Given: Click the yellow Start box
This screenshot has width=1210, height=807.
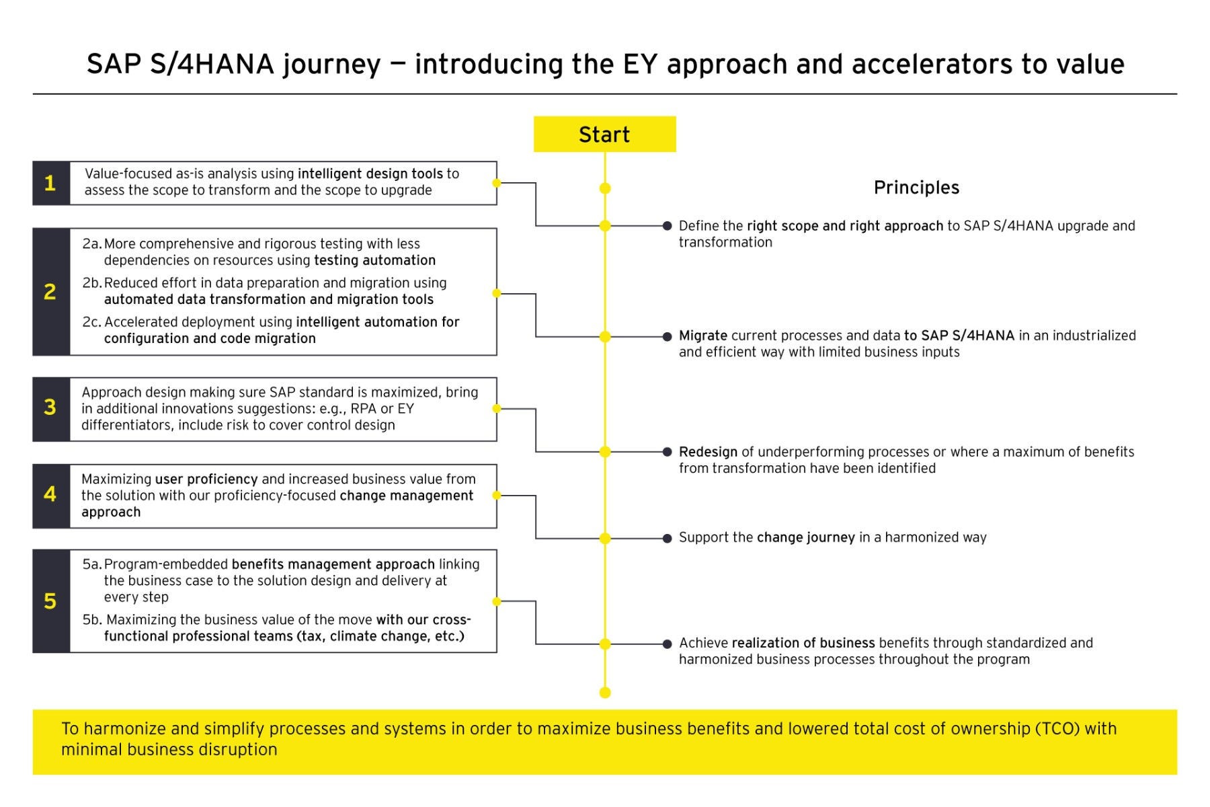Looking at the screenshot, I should click(604, 134).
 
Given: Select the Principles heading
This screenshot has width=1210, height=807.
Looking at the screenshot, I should click(916, 188).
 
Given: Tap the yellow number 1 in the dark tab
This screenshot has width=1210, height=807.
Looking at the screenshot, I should click(50, 183).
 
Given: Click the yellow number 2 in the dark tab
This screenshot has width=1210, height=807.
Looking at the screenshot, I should click(50, 292).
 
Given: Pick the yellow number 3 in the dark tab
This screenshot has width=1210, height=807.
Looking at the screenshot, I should click(50, 408).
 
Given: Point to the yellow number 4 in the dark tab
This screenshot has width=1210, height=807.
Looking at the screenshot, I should click(50, 495).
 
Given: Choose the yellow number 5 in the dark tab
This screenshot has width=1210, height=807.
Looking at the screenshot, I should click(50, 601).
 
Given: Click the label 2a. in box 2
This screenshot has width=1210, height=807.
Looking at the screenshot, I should click(92, 244).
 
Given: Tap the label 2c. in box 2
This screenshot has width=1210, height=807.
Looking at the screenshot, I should click(92, 322).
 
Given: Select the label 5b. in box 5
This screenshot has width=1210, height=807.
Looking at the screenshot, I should click(93, 620).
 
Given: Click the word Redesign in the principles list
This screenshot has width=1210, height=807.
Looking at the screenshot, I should click(707, 452).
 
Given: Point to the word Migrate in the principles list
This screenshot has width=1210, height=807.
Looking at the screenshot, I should click(702, 336).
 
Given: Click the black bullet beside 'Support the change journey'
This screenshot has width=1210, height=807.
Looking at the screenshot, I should click(667, 539).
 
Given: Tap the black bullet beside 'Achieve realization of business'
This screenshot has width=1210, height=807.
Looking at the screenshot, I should click(667, 644).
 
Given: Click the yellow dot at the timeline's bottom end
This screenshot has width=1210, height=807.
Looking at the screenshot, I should click(605, 693).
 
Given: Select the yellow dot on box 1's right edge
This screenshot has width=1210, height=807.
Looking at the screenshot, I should click(497, 183).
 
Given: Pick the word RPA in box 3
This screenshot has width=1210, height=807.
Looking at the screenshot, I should click(363, 409).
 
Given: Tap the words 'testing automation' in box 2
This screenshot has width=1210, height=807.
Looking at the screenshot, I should click(374, 260).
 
